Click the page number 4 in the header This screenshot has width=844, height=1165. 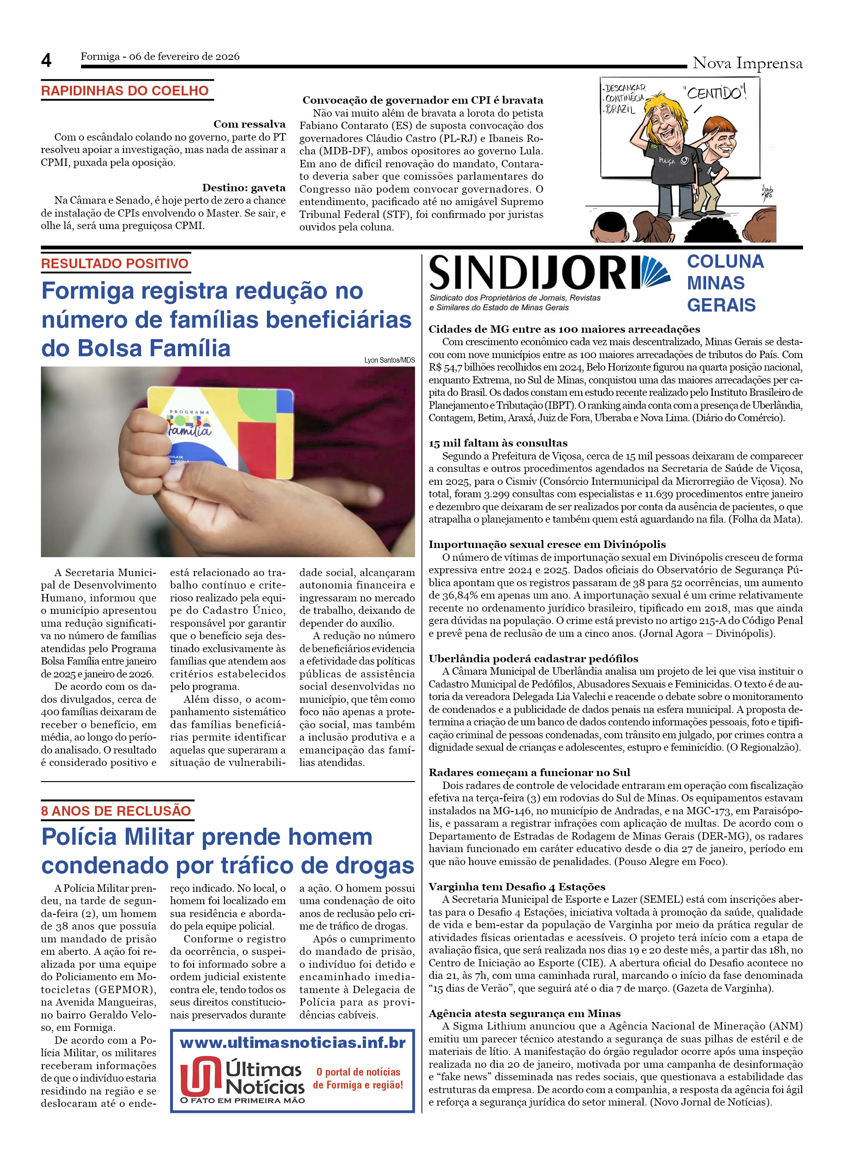pyautogui.click(x=46, y=61)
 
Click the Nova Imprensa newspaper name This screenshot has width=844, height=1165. pyautogui.click(x=747, y=63)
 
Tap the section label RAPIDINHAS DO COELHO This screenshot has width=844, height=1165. pyautogui.click(x=125, y=91)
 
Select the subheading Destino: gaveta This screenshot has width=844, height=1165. pyautogui.click(x=243, y=188)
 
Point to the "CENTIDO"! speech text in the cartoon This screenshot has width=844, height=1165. pyautogui.click(x=714, y=93)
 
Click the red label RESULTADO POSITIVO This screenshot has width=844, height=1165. pyautogui.click(x=115, y=264)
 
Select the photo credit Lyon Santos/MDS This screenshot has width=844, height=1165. pyautogui.click(x=390, y=360)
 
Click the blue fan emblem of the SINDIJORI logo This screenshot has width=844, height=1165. pyautogui.click(x=655, y=272)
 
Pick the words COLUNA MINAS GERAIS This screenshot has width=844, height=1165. pyautogui.click(x=725, y=283)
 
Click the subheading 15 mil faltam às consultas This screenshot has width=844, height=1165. pyautogui.click(x=498, y=443)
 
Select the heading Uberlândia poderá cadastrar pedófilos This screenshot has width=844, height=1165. pyautogui.click(x=533, y=659)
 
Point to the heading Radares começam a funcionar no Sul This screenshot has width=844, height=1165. pyautogui.click(x=529, y=772)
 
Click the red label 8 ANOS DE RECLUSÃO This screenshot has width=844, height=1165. pyautogui.click(x=116, y=811)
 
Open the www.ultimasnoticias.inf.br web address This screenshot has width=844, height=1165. pyautogui.click(x=292, y=1043)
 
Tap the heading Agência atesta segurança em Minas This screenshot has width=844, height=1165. pyautogui.click(x=525, y=1013)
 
